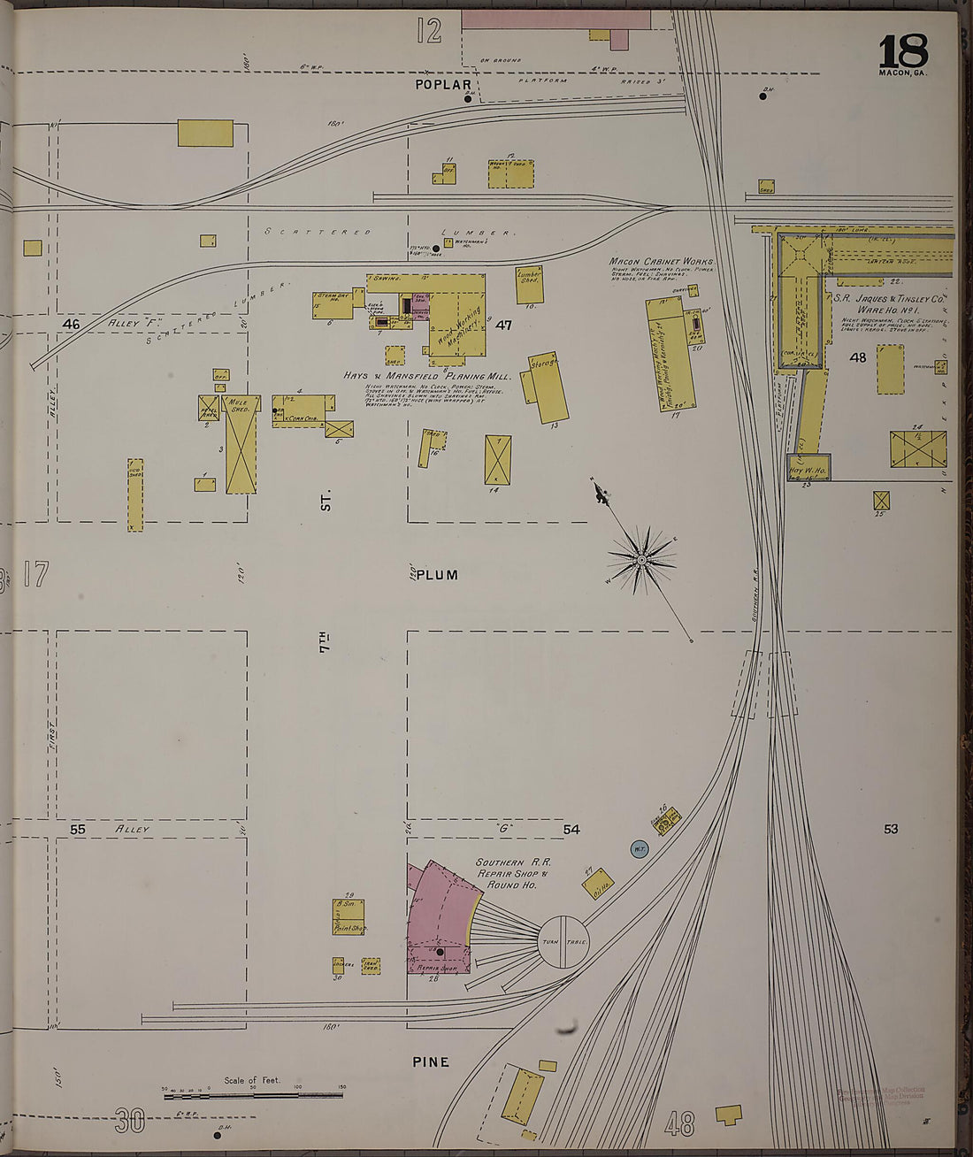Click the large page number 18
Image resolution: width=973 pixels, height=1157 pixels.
click(x=903, y=53)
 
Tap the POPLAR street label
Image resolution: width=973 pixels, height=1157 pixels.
click(x=444, y=85)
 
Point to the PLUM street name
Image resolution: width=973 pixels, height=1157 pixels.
click(x=437, y=575)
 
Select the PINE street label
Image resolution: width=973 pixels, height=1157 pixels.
click(x=431, y=1061)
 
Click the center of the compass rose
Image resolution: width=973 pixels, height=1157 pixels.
click(x=641, y=559)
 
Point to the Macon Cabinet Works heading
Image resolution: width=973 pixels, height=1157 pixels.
click(x=661, y=262)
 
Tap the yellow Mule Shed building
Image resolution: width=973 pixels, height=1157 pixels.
click(x=241, y=444)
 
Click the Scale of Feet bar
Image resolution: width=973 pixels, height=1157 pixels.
click(x=254, y=1095)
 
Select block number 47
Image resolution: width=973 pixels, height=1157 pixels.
click(x=503, y=325)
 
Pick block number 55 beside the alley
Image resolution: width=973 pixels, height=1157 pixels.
click(x=78, y=830)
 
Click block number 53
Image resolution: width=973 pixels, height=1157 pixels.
click(x=890, y=829)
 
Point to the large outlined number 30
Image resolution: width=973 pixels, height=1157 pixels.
click(x=129, y=1122)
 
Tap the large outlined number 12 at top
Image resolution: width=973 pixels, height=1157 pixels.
click(x=429, y=33)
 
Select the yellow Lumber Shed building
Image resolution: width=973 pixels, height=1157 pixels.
click(x=529, y=285)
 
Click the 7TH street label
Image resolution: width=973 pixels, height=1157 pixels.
click(x=326, y=642)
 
